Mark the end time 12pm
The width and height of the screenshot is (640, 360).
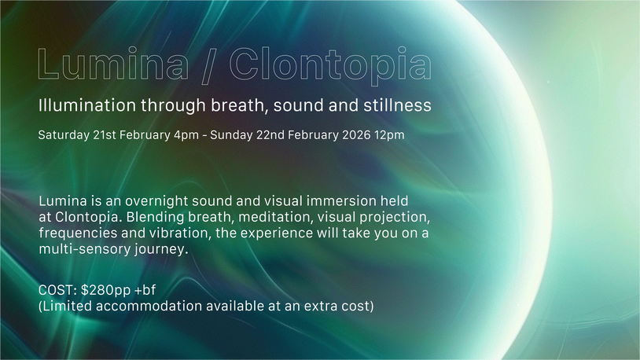click(389, 135)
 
